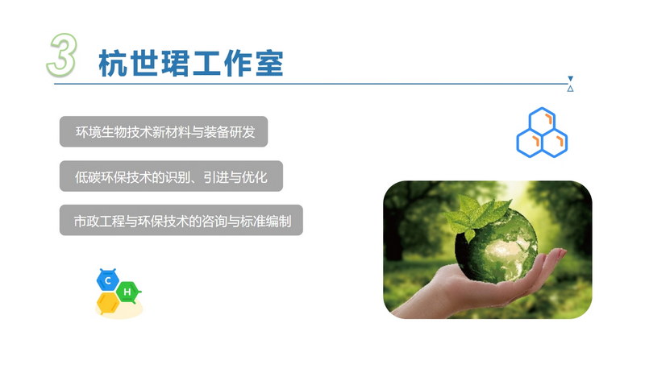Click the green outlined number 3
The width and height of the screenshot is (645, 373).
62,55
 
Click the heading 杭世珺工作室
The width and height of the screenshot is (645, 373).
191,64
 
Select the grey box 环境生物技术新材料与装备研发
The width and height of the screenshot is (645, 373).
164,131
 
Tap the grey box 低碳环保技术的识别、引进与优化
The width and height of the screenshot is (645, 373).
171,176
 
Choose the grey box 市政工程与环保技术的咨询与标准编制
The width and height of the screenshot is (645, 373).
181,220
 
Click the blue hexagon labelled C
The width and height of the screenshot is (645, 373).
108,280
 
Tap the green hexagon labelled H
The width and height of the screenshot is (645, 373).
127,292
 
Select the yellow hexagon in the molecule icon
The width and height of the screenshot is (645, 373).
108,304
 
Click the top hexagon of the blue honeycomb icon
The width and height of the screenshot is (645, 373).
542,121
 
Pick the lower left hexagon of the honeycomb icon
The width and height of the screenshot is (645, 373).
530,143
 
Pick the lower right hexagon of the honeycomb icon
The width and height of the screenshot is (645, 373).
555,143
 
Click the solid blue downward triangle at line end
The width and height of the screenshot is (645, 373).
570,79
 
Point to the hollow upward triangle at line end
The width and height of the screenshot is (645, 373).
570,89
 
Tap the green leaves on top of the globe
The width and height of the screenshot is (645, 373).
477,213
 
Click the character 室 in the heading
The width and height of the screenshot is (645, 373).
270,64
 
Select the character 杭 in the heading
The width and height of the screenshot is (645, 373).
113,64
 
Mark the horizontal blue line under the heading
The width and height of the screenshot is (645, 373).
311,84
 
